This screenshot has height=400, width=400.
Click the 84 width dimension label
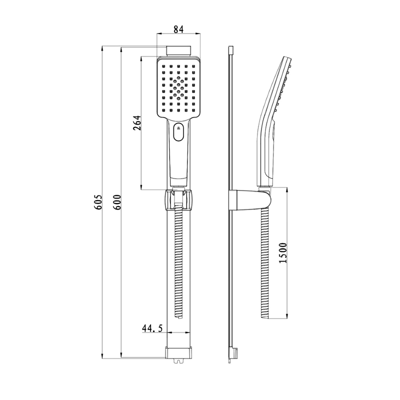[x=178, y=29]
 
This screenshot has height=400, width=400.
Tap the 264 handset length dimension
[x=137, y=123]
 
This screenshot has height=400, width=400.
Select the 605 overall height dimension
[x=98, y=202]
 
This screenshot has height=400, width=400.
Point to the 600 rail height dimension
[x=117, y=202]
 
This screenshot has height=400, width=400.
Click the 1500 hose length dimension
[x=283, y=253]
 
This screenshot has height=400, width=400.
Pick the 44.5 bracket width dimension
[x=152, y=328]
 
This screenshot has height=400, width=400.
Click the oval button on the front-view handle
[x=178, y=132]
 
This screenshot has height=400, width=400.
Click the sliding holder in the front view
[x=178, y=200]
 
